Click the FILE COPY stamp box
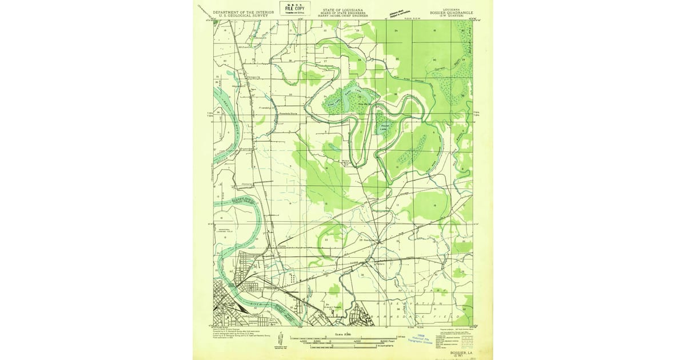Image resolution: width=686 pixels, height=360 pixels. click(295, 9)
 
